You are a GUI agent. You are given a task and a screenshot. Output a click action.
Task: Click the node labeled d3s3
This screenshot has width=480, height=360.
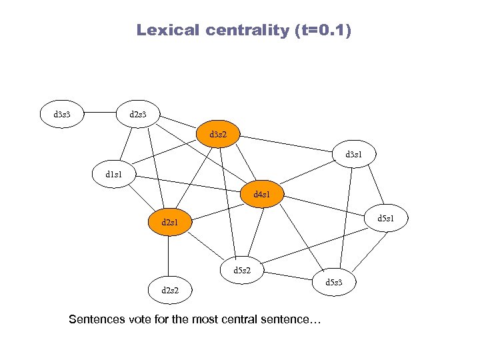63,114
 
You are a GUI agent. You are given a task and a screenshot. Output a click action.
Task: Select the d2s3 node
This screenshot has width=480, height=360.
139,114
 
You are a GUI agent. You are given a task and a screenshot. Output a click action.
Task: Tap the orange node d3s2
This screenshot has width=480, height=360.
217,135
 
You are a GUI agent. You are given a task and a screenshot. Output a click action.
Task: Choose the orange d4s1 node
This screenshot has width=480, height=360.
263,195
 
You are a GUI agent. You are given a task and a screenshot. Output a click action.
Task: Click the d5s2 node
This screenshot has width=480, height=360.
241,269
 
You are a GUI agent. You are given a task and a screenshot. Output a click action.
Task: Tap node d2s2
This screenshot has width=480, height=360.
169,289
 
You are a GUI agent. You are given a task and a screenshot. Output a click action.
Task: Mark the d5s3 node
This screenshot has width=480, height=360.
334,283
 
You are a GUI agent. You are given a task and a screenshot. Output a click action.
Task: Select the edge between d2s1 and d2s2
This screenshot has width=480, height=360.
169,255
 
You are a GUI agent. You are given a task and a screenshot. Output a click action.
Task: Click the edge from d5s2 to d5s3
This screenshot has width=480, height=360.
288,276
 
